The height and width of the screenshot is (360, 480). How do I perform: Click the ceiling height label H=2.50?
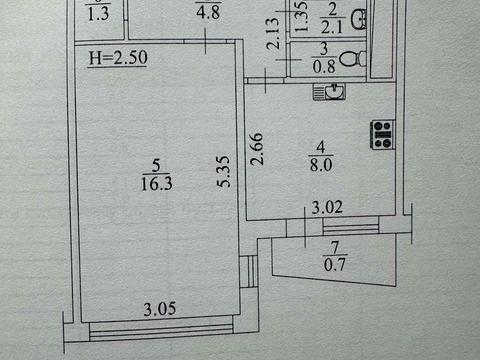118,58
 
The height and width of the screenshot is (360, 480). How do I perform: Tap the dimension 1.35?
299,19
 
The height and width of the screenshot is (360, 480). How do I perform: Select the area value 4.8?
207,13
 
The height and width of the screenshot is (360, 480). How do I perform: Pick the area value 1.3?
98,13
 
